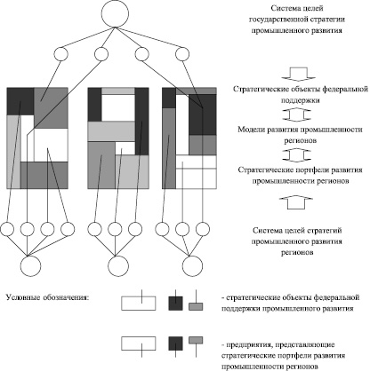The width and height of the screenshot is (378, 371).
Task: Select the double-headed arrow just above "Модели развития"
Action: [296, 114]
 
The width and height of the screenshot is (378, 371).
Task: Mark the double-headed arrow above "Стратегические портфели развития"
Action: [296, 155]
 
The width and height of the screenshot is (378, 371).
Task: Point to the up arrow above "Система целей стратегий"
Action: [295, 202]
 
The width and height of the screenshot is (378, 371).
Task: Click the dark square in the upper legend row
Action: [175, 304]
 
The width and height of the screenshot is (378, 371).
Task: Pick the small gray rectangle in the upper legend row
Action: [196, 306]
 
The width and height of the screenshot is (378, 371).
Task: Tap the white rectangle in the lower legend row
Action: [139, 343]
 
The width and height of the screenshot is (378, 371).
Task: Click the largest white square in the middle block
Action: [118, 108]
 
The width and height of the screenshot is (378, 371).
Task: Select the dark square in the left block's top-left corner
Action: [20, 101]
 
